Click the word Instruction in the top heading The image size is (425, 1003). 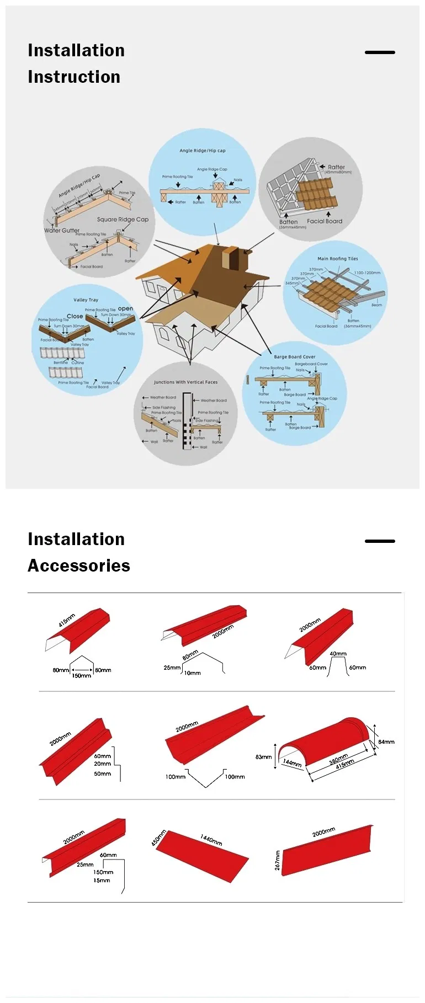click(74, 77)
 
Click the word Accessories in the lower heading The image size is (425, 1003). click(79, 565)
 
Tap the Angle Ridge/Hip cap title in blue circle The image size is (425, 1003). click(203, 150)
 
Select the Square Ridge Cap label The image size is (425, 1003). click(123, 219)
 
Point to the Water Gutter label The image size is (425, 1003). click(62, 230)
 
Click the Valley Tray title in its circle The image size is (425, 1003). click(86, 300)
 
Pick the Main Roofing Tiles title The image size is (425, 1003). click(337, 258)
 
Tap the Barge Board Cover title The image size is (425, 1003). click(295, 356)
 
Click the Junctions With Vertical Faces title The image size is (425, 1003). click(185, 382)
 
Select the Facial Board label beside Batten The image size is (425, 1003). click(325, 221)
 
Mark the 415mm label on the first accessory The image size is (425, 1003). click(67, 620)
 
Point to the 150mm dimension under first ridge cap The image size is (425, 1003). click(82, 676)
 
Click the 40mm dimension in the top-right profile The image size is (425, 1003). click(338, 654)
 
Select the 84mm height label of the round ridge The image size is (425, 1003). click(386, 741)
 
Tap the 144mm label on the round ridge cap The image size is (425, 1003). click(293, 762)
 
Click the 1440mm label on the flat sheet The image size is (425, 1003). click(211, 840)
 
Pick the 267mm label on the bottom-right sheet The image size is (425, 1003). click(278, 860)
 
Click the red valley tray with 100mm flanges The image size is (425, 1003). click(212, 737)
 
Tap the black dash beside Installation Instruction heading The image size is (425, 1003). click(380, 52)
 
